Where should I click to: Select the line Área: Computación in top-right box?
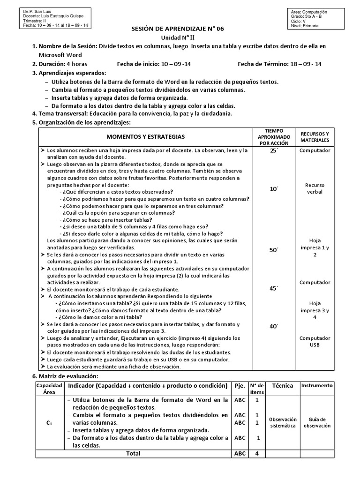click(x=309, y=12)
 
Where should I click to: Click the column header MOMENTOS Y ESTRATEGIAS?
click(x=145, y=136)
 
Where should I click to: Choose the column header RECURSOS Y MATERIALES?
click(x=315, y=137)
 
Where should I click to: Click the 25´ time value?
click(x=274, y=150)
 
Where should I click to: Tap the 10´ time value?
click(x=274, y=188)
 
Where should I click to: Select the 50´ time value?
click(x=274, y=250)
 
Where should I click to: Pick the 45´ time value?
click(x=274, y=288)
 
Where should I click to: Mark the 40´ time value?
click(x=274, y=326)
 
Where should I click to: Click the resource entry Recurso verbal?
click(x=315, y=188)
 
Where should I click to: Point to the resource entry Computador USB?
click(x=315, y=341)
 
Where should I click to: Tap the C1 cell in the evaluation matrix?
click(x=49, y=422)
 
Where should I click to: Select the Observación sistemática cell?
click(x=284, y=422)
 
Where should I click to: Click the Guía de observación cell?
click(x=317, y=422)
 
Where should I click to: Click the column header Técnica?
click(x=283, y=385)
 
